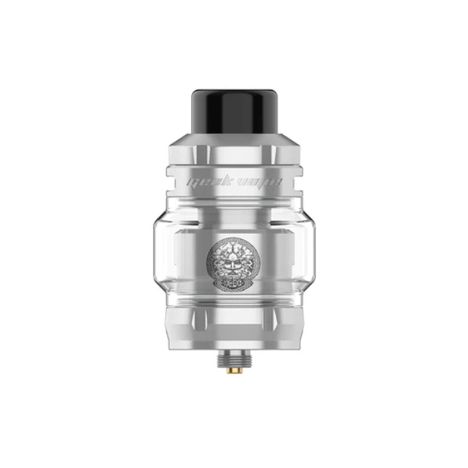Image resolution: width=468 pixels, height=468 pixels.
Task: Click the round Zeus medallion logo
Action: [x=234, y=258]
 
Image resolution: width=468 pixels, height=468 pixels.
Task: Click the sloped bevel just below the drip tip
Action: [x=234, y=141]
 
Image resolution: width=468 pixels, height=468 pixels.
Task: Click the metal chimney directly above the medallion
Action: [x=234, y=222]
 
